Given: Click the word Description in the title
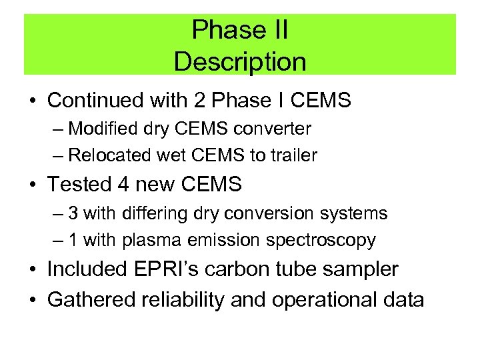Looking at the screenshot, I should click(240, 62).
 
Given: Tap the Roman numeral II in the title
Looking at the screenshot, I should click(275, 31).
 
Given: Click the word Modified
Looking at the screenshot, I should click(97, 127).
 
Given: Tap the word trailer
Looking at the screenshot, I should click(294, 155).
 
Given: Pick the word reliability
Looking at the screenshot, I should click(188, 300).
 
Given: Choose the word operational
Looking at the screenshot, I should click(331, 300).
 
